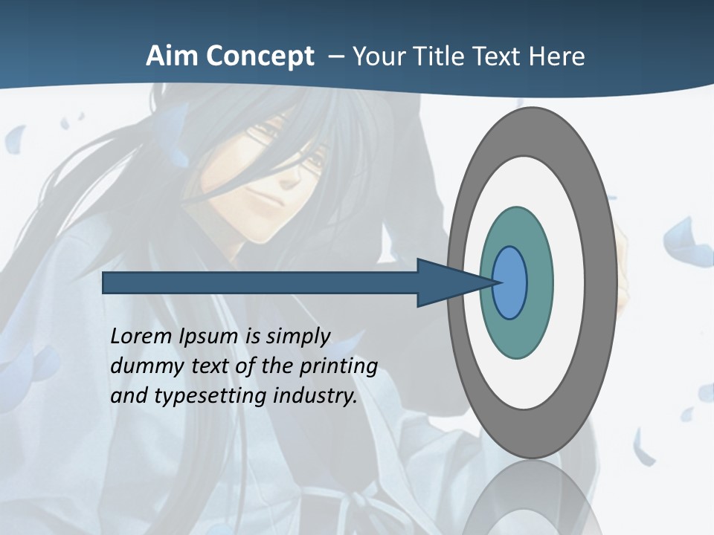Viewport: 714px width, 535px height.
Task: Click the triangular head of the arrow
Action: click(446, 282)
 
